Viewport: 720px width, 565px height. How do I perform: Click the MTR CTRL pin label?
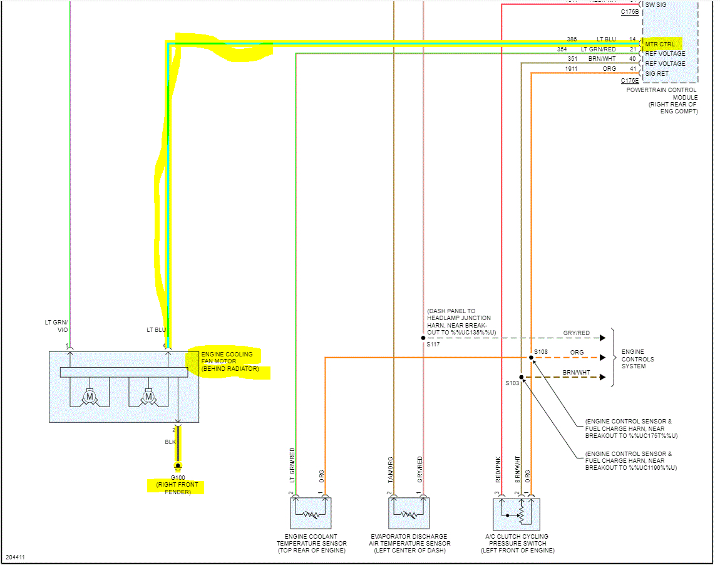click(x=660, y=44)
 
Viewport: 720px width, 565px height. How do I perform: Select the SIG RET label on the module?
click(x=657, y=73)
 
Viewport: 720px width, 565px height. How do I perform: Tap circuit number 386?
click(x=572, y=39)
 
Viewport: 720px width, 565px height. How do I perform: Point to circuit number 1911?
click(x=571, y=69)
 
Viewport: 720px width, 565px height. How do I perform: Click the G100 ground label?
click(x=178, y=477)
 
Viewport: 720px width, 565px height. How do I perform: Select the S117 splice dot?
click(x=423, y=338)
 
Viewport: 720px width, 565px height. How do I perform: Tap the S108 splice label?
click(x=541, y=352)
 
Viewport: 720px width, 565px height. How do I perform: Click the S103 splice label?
click(x=513, y=382)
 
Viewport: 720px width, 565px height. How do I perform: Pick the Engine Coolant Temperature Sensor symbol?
click(x=311, y=514)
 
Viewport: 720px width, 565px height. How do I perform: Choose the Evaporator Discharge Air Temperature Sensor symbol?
click(x=409, y=514)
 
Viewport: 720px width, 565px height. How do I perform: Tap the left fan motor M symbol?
click(x=90, y=397)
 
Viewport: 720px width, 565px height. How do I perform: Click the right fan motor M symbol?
click(x=149, y=397)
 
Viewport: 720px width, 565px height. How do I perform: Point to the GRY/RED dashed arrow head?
click(x=602, y=338)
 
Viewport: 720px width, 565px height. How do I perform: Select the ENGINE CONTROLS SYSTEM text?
click(x=637, y=359)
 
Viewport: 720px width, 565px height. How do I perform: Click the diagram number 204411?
click(x=16, y=557)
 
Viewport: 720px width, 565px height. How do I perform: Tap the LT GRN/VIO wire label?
click(x=56, y=326)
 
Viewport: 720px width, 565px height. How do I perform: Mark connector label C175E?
click(x=629, y=81)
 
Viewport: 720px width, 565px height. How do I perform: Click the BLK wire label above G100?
click(x=170, y=442)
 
